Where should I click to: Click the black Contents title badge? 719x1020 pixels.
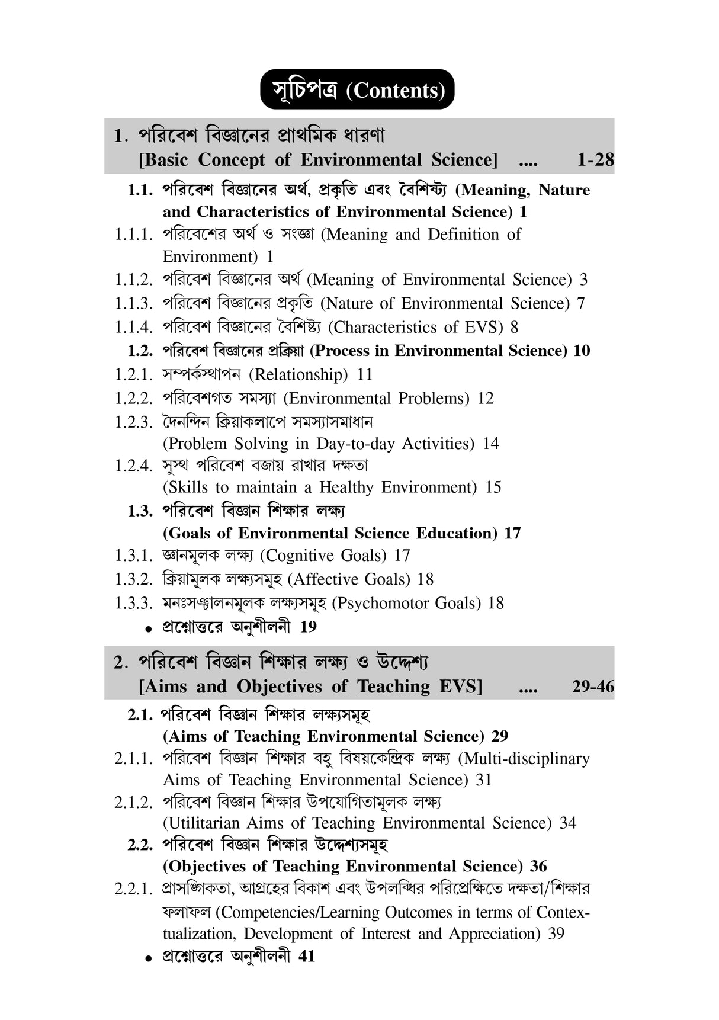[357, 89]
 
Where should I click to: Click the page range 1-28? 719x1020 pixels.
[595, 160]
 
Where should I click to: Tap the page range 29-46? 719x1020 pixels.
[593, 687]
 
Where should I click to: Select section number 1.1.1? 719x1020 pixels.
[134, 235]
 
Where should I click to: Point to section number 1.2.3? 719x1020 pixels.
[134, 422]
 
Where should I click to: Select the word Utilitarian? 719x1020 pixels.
[201, 823]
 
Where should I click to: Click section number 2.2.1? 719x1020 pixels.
[134, 889]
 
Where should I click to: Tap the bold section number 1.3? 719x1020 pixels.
[140, 511]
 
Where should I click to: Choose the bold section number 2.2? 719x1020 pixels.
[140, 844]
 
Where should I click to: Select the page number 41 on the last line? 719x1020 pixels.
[307, 956]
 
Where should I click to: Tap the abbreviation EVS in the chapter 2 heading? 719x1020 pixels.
[461, 687]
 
